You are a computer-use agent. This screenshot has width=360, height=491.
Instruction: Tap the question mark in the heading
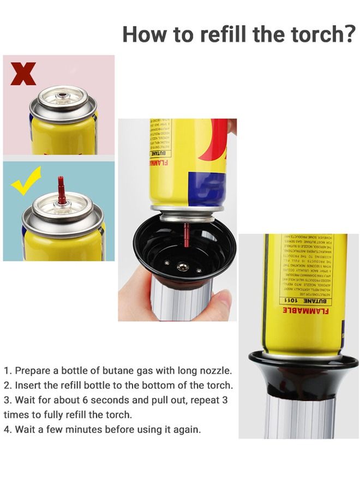[x=349, y=34]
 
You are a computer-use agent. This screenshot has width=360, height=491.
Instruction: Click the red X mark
[x=23, y=74]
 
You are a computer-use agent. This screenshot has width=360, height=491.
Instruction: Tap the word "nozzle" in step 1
[x=215, y=370]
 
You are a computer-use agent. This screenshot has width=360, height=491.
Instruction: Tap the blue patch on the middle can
[x=206, y=188]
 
